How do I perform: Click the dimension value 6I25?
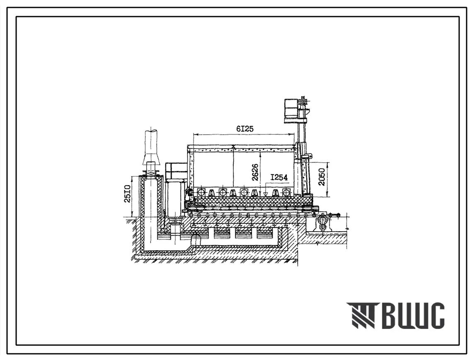pos(245,129)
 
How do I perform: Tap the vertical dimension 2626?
pos(255,172)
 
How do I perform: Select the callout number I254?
pos(279,178)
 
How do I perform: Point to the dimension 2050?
pos(322,177)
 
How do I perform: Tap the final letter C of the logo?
pos(436,315)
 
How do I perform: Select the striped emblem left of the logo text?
pos(361,315)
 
